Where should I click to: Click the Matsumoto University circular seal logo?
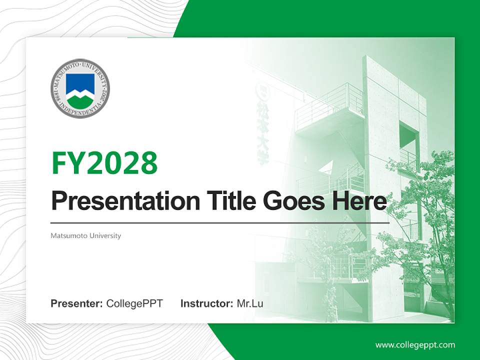(80, 88)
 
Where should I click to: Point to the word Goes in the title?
(293, 201)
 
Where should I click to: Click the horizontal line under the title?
(220, 222)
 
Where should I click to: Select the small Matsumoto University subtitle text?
(85, 235)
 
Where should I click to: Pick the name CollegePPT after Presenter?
(134, 303)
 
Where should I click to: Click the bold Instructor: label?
(206, 303)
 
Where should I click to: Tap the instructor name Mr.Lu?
(250, 303)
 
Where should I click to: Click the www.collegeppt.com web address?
(415, 344)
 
